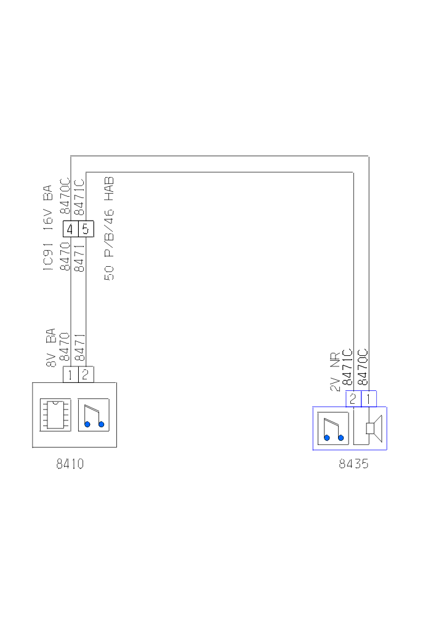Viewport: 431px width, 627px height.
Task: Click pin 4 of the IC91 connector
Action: pyautogui.click(x=70, y=229)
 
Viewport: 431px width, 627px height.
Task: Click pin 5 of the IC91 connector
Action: pyautogui.click(x=86, y=229)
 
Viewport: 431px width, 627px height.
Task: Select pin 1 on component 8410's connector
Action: pyautogui.click(x=70, y=375)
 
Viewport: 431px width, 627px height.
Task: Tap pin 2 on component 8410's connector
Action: pyautogui.click(x=86, y=375)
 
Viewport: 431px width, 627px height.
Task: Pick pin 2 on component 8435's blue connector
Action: pyautogui.click(x=353, y=399)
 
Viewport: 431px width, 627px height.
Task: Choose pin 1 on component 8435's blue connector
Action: pyautogui.click(x=369, y=399)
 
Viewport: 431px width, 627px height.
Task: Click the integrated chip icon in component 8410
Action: pyautogui.click(x=55, y=415)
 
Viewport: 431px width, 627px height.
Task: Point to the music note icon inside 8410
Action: pyautogui.click(x=94, y=415)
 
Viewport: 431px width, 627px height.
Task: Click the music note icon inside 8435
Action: pyautogui.click(x=333, y=428)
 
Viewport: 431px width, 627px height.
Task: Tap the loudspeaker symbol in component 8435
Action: pyautogui.click(x=374, y=428)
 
